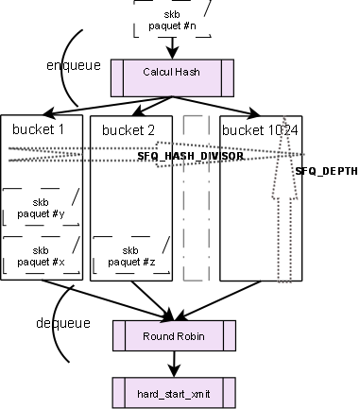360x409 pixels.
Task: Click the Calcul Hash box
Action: pyautogui.click(x=171, y=73)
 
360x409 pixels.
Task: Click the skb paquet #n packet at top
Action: pyautogui.click(x=173, y=20)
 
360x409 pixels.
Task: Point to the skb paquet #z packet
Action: pyautogui.click(x=130, y=255)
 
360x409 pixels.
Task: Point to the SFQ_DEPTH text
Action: pyautogui.click(x=326, y=172)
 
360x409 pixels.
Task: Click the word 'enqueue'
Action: pyautogui.click(x=73, y=65)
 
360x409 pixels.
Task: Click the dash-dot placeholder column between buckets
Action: pyautogui.click(x=196, y=198)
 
